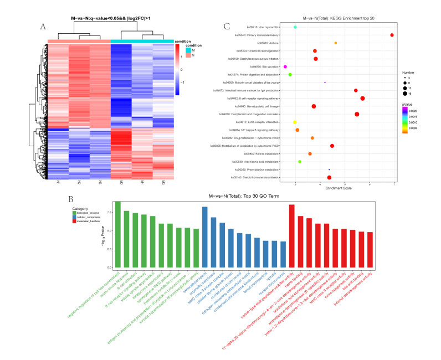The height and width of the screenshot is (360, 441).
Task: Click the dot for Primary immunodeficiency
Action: pyautogui.click(x=392, y=35)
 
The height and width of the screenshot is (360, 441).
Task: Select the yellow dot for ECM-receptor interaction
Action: pyautogui.click(x=295, y=122)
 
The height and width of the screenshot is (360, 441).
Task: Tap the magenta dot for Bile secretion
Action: pyautogui.click(x=285, y=66)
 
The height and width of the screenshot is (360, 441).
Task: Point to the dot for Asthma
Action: pyautogui.click(x=336, y=43)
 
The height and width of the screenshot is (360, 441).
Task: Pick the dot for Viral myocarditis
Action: pyautogui.click(x=295, y=27)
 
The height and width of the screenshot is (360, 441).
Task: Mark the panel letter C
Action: pyautogui.click(x=226, y=25)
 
